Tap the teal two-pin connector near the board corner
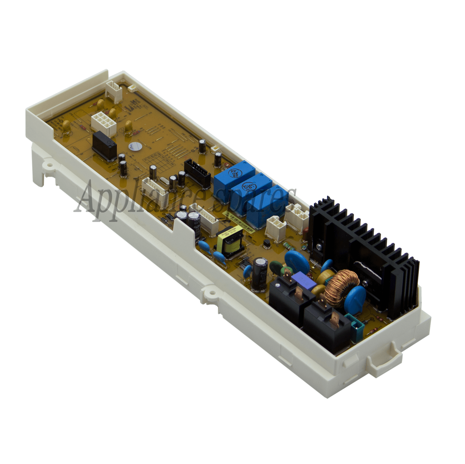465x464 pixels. pyautogui.click(x=355, y=325)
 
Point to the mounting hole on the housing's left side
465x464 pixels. pyautogui.click(x=49, y=165)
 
